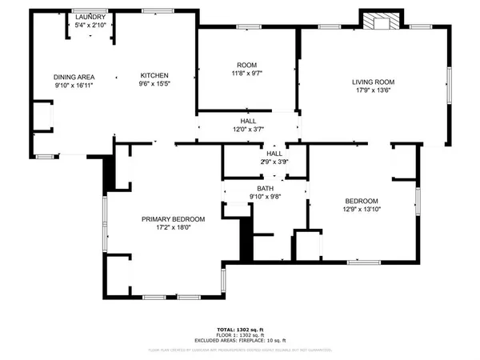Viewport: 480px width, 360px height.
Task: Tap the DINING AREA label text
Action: pyautogui.click(x=74, y=77)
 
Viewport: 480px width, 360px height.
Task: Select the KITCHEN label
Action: pyautogui.click(x=154, y=77)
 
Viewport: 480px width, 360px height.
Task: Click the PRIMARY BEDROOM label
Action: pyautogui.click(x=174, y=219)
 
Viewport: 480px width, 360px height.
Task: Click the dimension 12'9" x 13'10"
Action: pyautogui.click(x=362, y=210)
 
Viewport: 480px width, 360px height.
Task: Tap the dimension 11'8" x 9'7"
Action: pyautogui.click(x=246, y=73)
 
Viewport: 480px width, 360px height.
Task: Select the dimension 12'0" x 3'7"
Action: pyautogui.click(x=248, y=130)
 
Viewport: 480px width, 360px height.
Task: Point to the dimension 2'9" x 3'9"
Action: pyautogui.click(x=274, y=162)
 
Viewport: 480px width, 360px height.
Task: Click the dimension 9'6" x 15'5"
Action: pyautogui.click(x=154, y=85)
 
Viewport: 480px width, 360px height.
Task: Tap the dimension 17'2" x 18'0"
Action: pyautogui.click(x=174, y=227)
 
